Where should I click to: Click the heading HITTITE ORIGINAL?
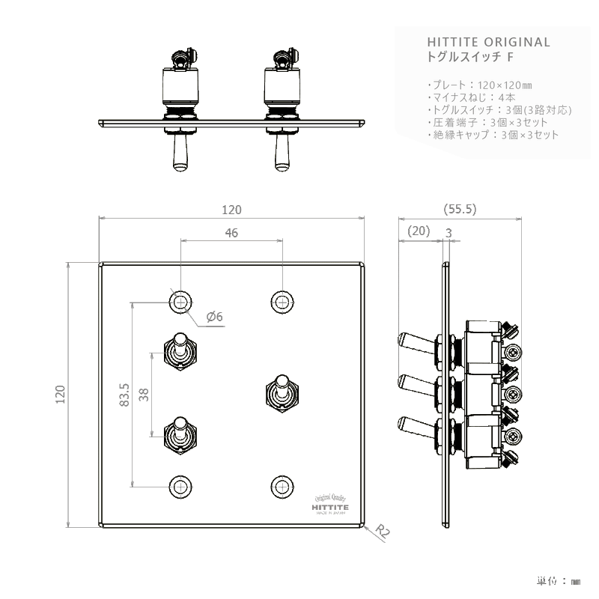487,42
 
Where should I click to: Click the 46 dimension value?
231,233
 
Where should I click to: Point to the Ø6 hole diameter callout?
214,317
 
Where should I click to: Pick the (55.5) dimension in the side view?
460,210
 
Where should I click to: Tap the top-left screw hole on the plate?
180,301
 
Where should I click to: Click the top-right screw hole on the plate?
282,301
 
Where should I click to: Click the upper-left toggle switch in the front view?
180,350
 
